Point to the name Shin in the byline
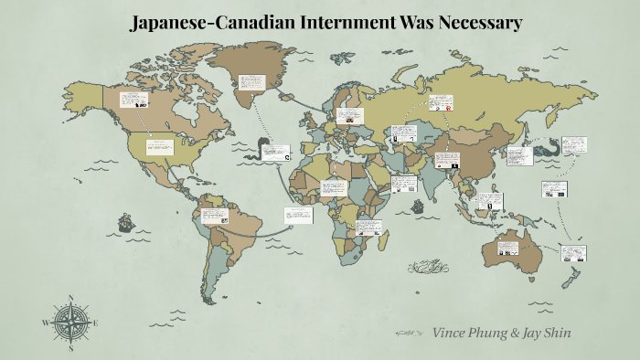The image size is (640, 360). (556, 333)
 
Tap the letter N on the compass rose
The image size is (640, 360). (71, 298)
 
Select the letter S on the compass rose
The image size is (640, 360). (71, 347)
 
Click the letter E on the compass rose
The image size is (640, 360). (96, 323)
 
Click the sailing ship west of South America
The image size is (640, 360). (124, 222)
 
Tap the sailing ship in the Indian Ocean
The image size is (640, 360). (418, 206)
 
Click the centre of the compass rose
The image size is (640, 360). (71, 323)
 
